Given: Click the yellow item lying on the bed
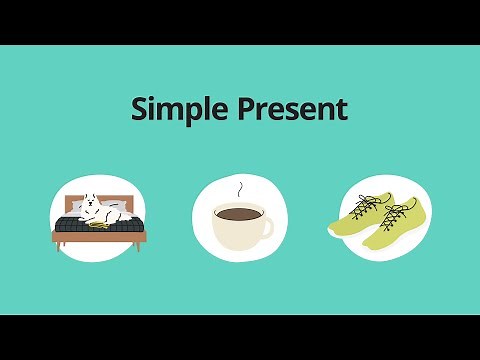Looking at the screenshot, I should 100,224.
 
